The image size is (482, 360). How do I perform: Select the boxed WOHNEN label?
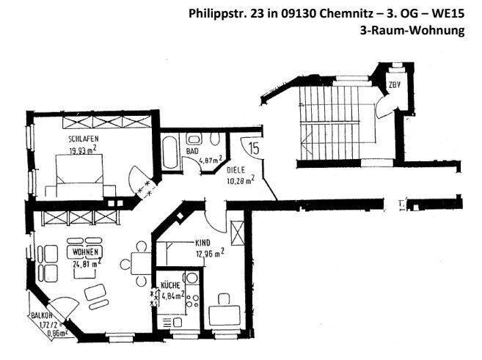click(85, 251)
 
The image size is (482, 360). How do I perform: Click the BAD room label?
click(192, 151)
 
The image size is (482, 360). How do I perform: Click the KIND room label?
click(203, 243)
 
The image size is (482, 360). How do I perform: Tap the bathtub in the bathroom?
click(169, 153)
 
